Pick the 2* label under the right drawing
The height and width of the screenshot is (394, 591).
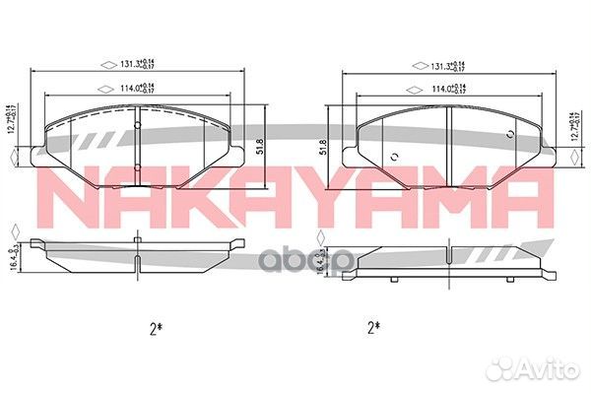pos(373,325)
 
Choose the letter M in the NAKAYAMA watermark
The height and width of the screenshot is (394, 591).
pos(449,198)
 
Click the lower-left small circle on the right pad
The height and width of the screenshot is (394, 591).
pos(393,157)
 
